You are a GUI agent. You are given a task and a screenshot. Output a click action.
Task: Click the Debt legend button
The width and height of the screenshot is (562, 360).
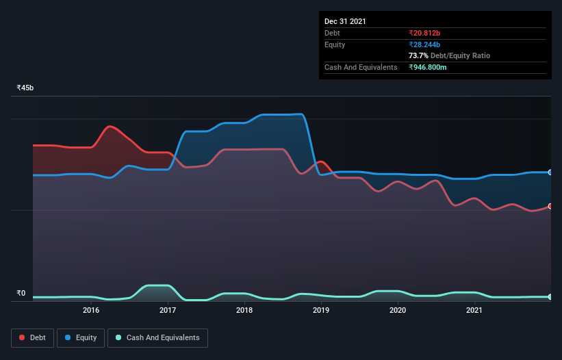[x=31, y=337]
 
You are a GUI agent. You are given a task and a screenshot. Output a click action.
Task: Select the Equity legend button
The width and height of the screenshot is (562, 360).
[x=80, y=337]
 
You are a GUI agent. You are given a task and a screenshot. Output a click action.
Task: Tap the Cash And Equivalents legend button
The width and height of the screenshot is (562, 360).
[x=157, y=337]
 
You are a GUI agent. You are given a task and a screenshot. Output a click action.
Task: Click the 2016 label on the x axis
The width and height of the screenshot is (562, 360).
[x=91, y=311]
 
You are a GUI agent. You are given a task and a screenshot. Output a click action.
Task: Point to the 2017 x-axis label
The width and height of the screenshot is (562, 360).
[x=168, y=311]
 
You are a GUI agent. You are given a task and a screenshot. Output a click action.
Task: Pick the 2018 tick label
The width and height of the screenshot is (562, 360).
[x=244, y=311]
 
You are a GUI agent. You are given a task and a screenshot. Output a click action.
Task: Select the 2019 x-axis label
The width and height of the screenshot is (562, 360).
[x=321, y=311]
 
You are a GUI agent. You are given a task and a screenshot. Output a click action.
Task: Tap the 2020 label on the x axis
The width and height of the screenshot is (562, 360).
[x=398, y=311]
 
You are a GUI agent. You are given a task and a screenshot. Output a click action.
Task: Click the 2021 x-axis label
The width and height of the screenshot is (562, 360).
[x=474, y=311]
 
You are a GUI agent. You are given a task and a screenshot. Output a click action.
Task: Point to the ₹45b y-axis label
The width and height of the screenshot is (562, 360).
[x=25, y=88]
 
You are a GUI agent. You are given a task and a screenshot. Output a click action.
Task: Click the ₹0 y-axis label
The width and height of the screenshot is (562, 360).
[x=21, y=294]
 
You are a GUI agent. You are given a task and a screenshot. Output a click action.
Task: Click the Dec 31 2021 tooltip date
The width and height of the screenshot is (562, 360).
[x=345, y=21]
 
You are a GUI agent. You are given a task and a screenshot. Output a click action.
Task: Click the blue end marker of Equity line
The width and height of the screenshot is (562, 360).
[x=550, y=172]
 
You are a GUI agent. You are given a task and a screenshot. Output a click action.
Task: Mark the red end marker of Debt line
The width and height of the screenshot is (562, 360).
[x=550, y=206]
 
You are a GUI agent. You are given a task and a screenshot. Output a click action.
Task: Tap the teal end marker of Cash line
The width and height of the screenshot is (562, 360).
[x=550, y=296]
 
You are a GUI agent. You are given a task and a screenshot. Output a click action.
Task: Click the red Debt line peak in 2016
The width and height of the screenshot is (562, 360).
[x=110, y=127]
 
